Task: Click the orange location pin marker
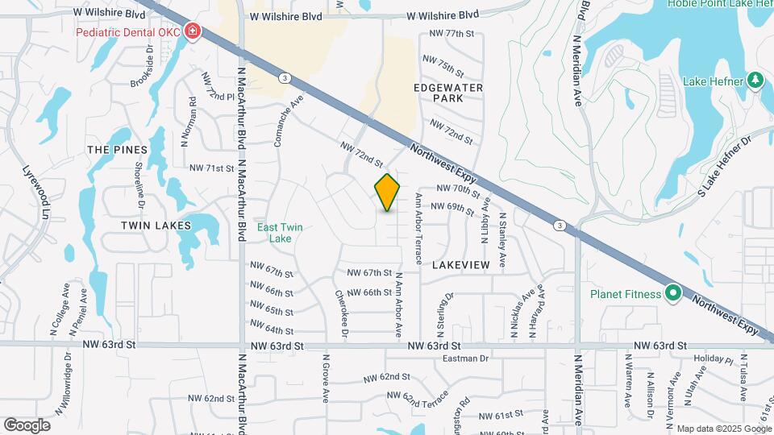tap(387, 193)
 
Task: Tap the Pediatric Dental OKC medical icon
tap(193, 32)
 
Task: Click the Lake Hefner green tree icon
tap(755, 81)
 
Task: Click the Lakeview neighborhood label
tap(461, 264)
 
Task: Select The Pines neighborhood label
tap(117, 150)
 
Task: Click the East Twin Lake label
tap(280, 233)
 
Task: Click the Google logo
tap(27, 425)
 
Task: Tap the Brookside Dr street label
tap(142, 66)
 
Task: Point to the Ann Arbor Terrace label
tap(418, 229)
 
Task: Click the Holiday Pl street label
tap(712, 358)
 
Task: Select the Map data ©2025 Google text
tap(722, 429)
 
